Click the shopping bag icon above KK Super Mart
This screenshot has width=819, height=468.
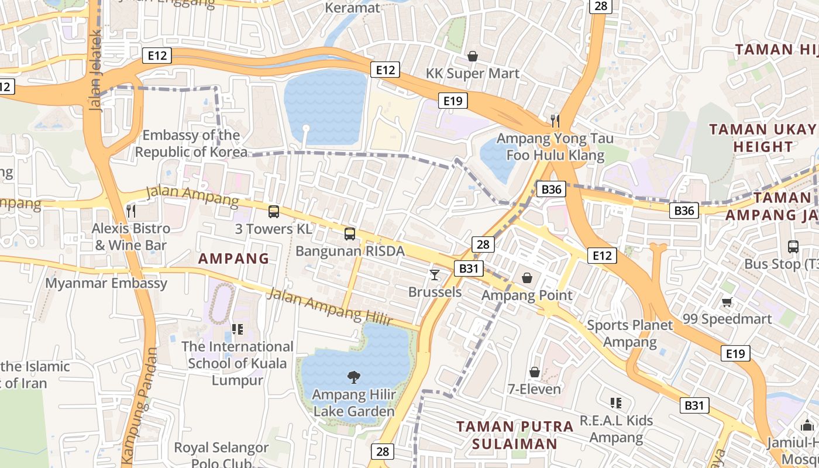pyautogui.click(x=473, y=56)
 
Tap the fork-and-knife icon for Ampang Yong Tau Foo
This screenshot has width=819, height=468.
pyautogui.click(x=555, y=121)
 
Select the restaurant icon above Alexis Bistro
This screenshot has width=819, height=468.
pyautogui.click(x=131, y=211)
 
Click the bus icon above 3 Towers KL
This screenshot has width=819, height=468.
pyautogui.click(x=274, y=212)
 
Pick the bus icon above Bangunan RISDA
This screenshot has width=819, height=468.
pyautogui.click(x=350, y=234)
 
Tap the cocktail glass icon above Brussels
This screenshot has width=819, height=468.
pyautogui.click(x=434, y=274)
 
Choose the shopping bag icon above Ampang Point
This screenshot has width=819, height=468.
pyautogui.click(x=527, y=278)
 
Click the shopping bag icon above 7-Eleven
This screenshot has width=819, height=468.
pyautogui.click(x=535, y=372)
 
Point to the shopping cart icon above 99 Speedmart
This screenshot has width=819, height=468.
pyautogui.click(x=727, y=302)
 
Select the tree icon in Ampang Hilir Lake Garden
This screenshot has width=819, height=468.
pyautogui.click(x=354, y=377)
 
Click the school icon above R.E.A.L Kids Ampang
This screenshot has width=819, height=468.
pyautogui.click(x=615, y=402)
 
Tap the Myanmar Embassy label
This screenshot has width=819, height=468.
pyautogui.click(x=106, y=283)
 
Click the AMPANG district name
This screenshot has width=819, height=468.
pyautogui.click(x=233, y=258)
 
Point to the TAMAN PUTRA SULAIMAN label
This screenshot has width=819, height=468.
pyautogui.click(x=515, y=435)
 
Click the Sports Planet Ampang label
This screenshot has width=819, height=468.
pyautogui.click(x=630, y=333)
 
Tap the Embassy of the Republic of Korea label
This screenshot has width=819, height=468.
pyautogui.click(x=191, y=143)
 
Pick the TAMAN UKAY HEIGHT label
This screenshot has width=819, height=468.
pyautogui.click(x=762, y=138)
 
